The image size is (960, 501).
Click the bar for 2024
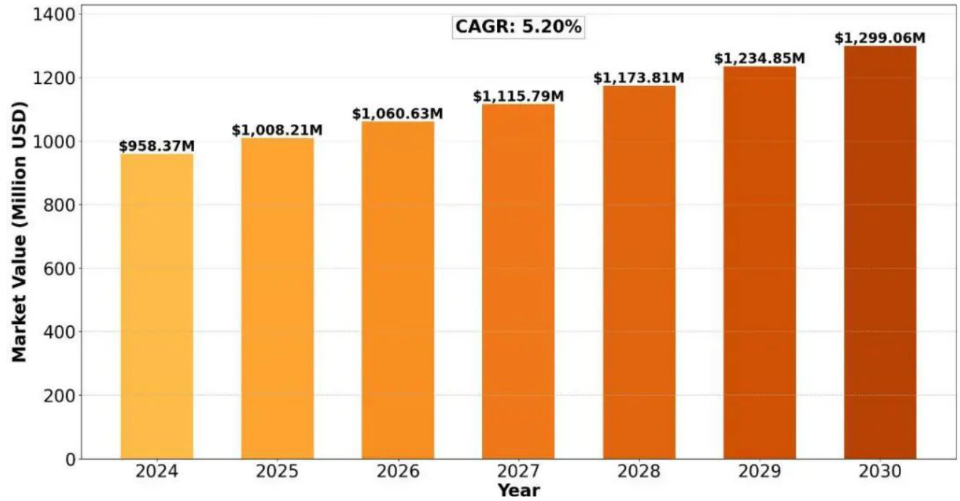156,306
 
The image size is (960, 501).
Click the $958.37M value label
156,146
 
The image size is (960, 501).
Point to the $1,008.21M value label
277,131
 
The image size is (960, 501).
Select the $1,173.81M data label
639,78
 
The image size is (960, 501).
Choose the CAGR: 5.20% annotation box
518,28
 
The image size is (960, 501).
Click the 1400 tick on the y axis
55,15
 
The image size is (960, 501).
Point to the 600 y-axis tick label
60,269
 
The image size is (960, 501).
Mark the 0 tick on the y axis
70,459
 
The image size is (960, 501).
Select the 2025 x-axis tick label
277,472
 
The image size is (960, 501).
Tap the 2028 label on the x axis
639,472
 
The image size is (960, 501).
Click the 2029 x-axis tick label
759,472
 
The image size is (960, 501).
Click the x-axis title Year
518,490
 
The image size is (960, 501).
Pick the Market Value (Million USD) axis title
19,232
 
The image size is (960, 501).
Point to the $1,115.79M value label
518,97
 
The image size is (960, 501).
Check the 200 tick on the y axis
60,396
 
